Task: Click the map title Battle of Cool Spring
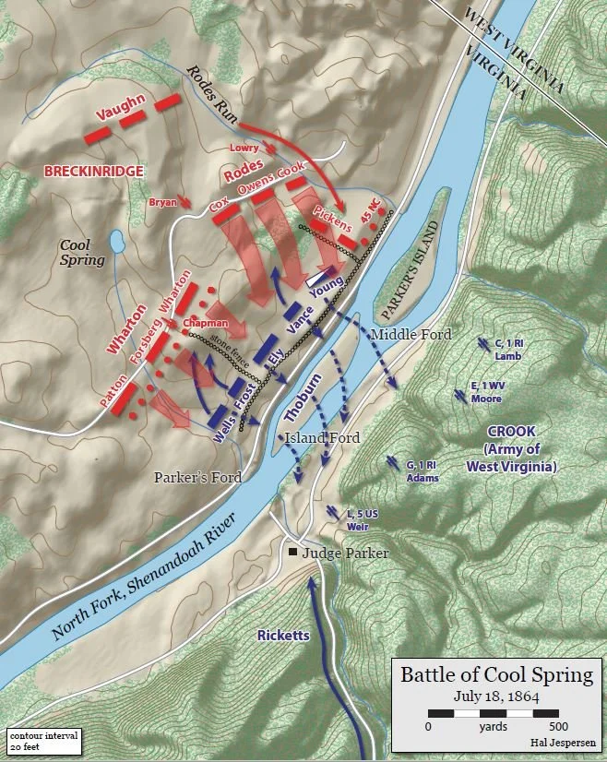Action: (496, 674)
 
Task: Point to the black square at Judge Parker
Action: (292, 553)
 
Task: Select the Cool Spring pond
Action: (118, 243)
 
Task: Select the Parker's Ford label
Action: (197, 478)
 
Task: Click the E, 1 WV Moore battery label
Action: (486, 392)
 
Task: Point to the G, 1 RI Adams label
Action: (420, 470)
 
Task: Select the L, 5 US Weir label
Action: (363, 518)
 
